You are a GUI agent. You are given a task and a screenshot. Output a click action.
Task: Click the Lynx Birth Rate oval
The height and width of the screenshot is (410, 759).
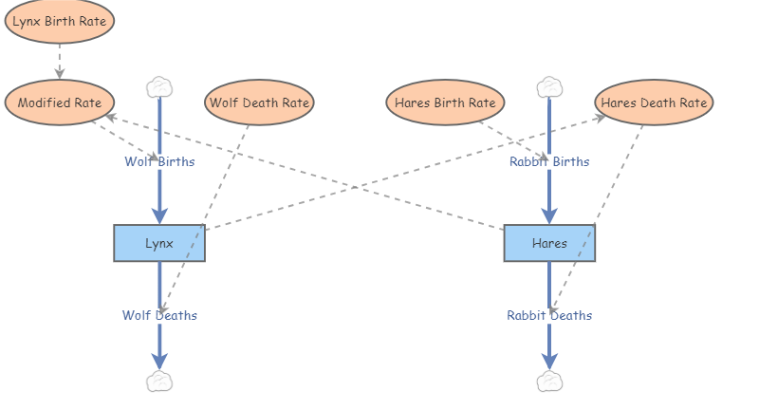(x=60, y=21)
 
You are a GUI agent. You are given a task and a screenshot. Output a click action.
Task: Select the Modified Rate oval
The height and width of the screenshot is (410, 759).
(x=60, y=102)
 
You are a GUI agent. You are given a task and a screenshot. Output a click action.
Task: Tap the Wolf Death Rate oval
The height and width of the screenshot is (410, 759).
(x=259, y=102)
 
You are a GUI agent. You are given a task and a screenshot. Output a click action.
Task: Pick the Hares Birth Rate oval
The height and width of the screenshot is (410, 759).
(x=445, y=102)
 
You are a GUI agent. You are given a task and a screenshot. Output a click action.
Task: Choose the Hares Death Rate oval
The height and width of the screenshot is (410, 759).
(x=654, y=102)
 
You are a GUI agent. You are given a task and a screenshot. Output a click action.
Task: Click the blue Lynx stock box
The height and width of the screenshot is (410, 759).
(x=159, y=243)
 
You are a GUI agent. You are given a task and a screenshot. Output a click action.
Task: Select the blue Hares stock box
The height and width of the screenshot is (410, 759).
(x=549, y=243)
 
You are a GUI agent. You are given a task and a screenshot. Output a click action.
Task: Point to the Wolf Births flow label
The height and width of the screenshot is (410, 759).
(x=159, y=161)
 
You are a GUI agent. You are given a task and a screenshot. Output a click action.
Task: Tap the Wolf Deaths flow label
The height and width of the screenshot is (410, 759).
(x=159, y=315)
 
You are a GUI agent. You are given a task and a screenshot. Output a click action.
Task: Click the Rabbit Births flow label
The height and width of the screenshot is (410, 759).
(x=549, y=161)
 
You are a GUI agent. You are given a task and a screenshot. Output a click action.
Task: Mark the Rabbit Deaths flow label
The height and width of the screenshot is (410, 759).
(x=549, y=315)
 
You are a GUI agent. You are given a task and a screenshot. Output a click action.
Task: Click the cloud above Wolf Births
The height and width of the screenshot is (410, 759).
(x=159, y=88)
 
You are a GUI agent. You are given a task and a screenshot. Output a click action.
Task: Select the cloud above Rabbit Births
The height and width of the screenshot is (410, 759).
(x=549, y=88)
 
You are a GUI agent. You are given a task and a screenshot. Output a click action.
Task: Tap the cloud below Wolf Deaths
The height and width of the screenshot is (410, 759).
(x=159, y=382)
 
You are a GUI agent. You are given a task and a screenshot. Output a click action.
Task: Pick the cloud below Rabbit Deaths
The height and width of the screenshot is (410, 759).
(x=549, y=382)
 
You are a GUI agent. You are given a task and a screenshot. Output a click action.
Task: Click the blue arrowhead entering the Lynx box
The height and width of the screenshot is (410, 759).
(x=159, y=216)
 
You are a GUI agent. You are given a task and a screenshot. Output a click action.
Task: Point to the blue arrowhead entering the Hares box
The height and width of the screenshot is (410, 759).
(x=549, y=216)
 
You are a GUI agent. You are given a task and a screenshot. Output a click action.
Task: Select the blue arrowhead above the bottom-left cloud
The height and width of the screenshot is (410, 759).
(x=159, y=361)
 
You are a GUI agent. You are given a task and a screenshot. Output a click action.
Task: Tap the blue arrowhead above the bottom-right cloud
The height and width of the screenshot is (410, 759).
(x=549, y=361)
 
